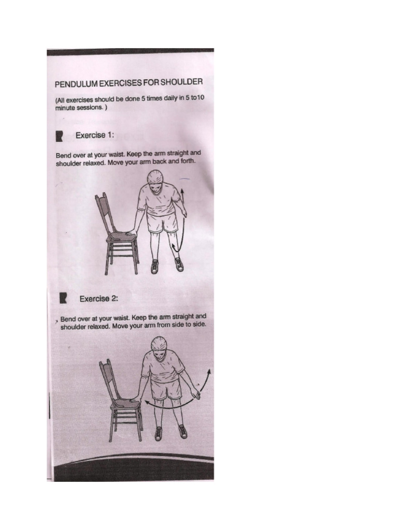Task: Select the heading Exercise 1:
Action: pos(94,136)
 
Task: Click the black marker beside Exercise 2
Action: pos(64,299)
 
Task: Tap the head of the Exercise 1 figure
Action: pos(155,179)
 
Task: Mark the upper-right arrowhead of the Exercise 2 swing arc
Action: pos(209,371)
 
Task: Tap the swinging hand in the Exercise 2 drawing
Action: pos(196,395)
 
